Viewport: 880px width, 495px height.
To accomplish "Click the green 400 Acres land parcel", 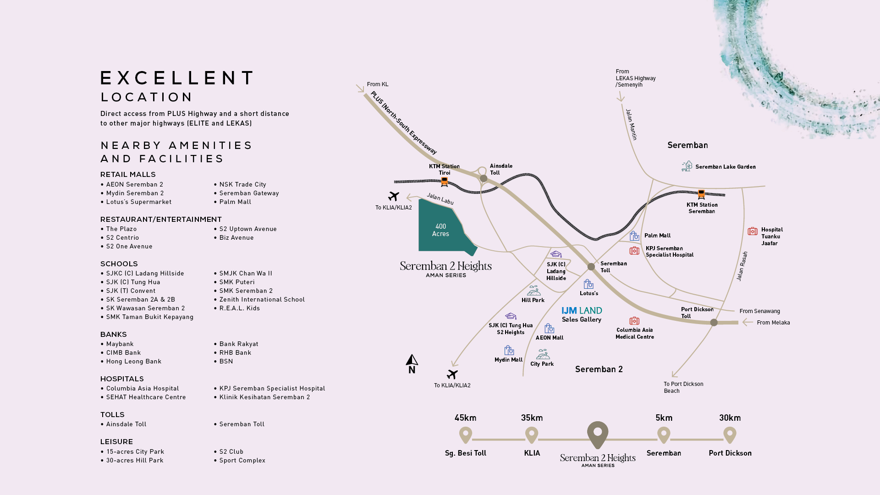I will click(440, 227).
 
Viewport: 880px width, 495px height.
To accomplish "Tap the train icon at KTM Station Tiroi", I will click(444, 182).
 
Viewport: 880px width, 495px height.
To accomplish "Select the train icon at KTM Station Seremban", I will click(701, 194).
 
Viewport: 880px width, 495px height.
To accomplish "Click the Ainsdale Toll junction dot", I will click(484, 178).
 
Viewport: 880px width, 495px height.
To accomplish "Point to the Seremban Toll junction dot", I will click(591, 267).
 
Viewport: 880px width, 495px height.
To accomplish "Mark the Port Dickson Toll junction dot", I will click(714, 323).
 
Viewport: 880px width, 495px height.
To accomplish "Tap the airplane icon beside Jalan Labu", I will click(393, 196).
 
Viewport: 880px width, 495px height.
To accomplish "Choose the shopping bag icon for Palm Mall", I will click(634, 236).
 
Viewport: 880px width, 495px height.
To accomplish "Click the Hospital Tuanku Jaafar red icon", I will click(753, 231).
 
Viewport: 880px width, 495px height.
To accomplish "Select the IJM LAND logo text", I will click(582, 310).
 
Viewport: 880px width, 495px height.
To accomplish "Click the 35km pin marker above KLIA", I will click(532, 435).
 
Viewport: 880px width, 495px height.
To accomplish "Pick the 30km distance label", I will click(730, 418).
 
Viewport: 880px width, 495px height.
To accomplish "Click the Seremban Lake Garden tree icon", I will click(687, 166).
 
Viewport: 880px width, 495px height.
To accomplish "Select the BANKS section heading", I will click(114, 335).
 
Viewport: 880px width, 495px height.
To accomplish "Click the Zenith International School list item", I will click(262, 300).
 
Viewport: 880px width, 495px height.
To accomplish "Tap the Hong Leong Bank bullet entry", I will click(134, 362).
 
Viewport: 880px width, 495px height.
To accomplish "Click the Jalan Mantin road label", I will click(631, 124).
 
